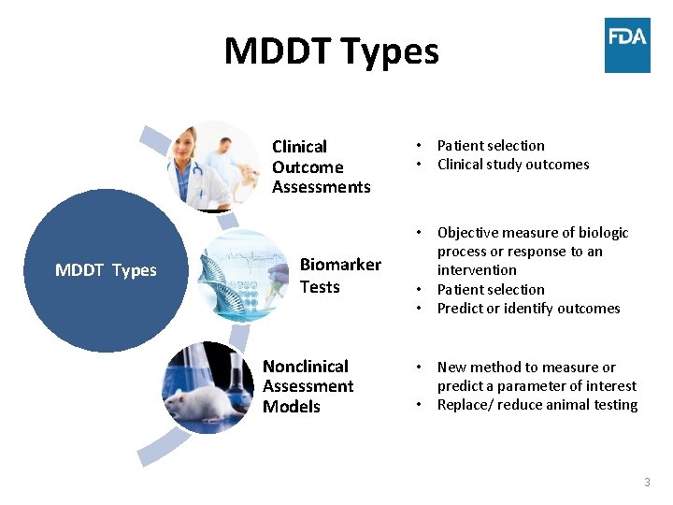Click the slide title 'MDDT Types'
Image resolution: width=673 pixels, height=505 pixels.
[331, 50]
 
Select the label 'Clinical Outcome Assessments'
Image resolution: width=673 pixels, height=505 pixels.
[321, 166]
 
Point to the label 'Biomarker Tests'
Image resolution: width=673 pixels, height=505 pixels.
[340, 276]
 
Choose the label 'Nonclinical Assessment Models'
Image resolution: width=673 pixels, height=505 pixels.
[308, 386]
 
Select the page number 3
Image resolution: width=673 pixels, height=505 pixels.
[647, 483]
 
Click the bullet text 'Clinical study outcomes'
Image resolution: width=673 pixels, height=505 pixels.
[513, 165]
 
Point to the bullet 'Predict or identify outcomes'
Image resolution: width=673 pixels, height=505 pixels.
[528, 309]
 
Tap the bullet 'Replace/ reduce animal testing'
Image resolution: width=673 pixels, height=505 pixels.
[537, 405]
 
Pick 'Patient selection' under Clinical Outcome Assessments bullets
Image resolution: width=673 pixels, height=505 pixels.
[491, 146]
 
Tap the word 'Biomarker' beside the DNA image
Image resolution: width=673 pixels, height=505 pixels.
[340, 265]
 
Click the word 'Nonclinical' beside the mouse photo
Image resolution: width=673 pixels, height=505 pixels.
[306, 367]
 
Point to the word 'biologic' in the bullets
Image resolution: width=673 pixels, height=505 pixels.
[604, 233]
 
